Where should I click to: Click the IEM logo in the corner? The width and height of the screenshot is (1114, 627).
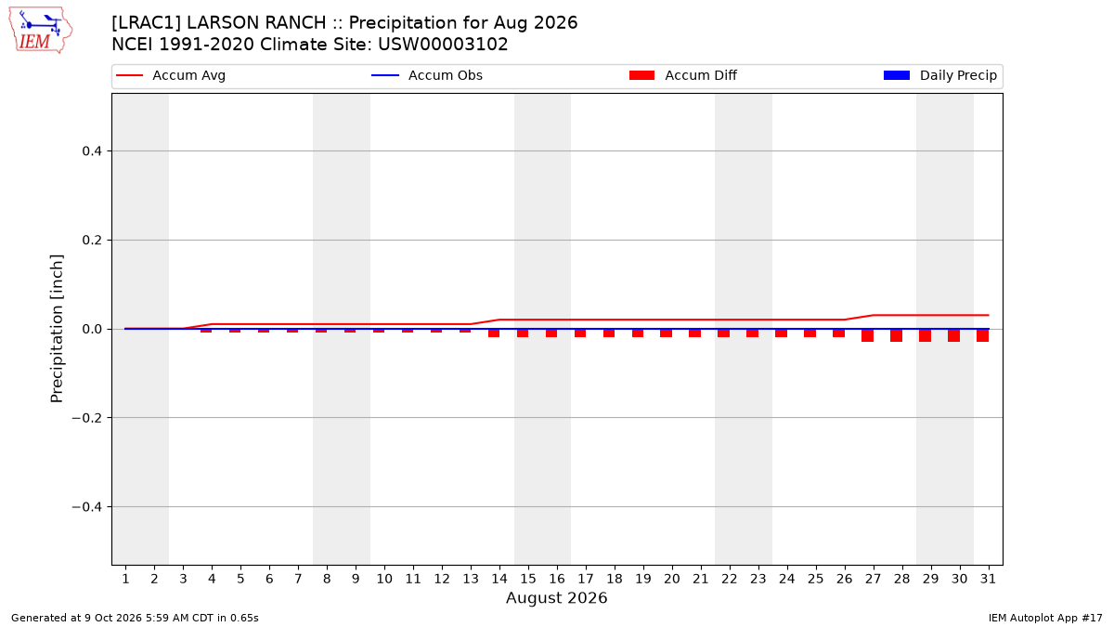(40, 31)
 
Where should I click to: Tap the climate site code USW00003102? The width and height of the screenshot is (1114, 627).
(443, 45)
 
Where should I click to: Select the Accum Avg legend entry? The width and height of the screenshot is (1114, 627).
(171, 75)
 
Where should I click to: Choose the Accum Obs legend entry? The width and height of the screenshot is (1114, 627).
(427, 75)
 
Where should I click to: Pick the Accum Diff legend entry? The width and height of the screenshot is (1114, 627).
(683, 75)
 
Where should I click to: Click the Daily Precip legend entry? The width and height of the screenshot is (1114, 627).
(939, 75)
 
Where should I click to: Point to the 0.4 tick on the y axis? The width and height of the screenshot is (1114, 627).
(92, 150)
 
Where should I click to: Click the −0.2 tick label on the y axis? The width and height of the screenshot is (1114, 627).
(87, 418)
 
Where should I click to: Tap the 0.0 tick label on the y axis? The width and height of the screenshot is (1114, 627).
(92, 329)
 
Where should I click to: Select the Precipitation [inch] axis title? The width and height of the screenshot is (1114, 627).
(57, 329)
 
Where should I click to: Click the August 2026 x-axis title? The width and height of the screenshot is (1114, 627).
(556, 597)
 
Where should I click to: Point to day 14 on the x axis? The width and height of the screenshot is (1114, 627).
(499, 579)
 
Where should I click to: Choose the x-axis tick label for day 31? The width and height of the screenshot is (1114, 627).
(988, 579)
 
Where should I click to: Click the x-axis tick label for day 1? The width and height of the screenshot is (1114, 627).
(125, 579)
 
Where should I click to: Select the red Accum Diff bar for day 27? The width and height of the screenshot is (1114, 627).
(867, 335)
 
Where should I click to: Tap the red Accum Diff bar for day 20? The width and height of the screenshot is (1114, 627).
(666, 333)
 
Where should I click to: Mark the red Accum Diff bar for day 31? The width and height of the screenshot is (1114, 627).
(982, 335)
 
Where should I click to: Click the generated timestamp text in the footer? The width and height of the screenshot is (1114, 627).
(135, 618)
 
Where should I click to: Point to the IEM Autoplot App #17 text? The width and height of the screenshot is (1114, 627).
(1045, 618)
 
